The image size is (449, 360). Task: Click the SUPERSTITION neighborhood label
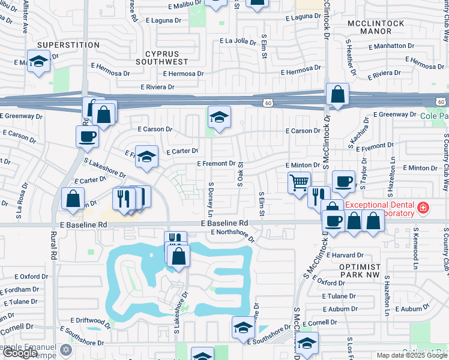click(67, 45)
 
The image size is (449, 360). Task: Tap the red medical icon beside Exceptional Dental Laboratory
click(423, 208)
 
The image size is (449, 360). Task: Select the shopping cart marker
click(299, 181)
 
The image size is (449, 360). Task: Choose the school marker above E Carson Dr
click(219, 116)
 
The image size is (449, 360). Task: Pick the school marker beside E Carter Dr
click(146, 157)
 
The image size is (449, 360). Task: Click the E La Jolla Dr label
click(242, 41)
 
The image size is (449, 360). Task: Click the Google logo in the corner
click(20, 353)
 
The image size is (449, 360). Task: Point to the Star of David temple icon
click(65, 349)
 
